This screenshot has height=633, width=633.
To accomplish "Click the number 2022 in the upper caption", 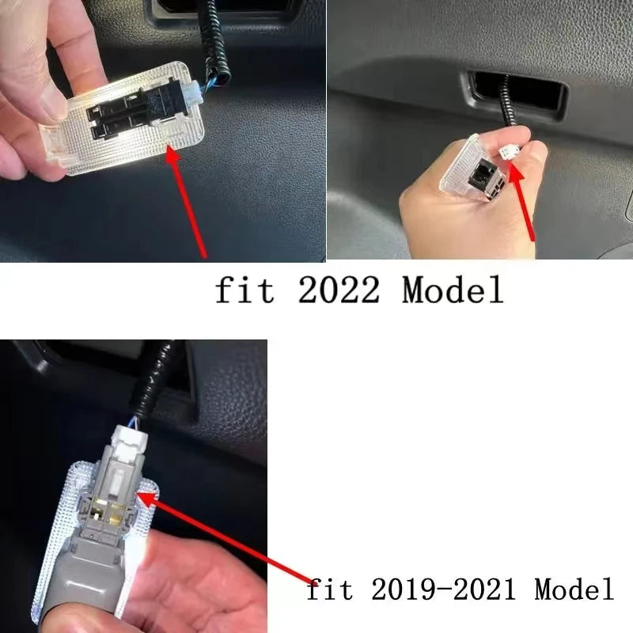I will pos(339,291).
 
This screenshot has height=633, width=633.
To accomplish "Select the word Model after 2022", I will pos(453,291).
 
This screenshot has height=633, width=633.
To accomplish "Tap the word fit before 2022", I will pos(245,291).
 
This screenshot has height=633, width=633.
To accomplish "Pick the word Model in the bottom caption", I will pos(573,589).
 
